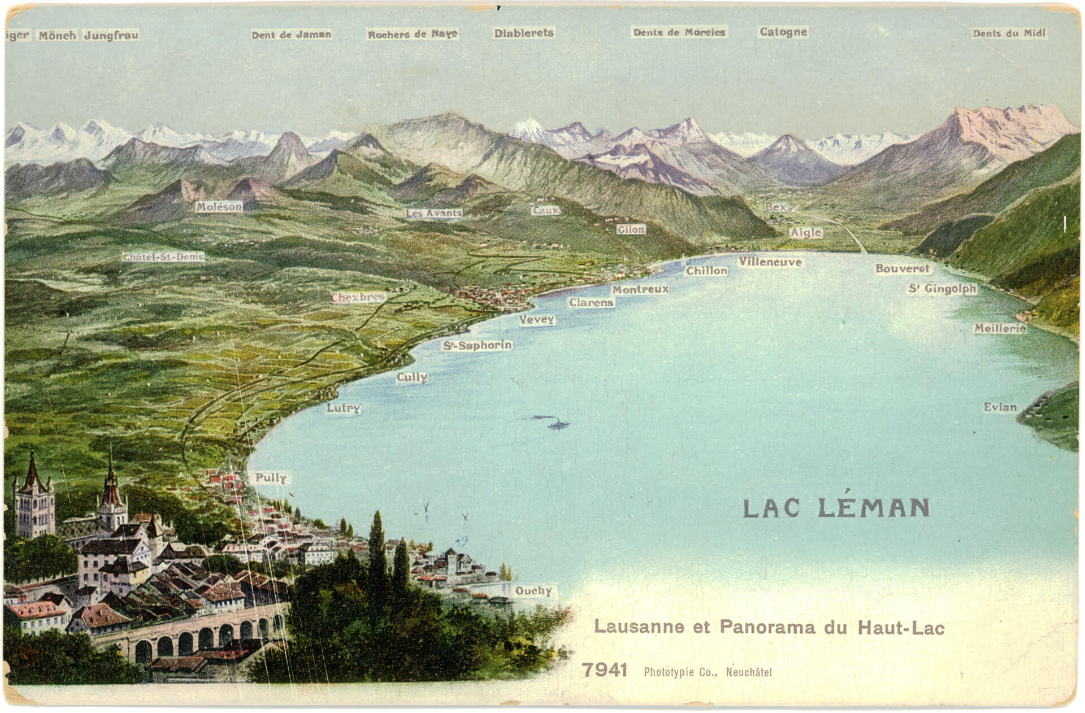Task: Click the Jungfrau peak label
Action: point(111,35)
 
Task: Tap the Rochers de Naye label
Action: point(413,34)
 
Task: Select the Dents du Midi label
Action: point(1009,33)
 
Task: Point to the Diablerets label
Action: point(524,33)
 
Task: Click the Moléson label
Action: point(219,207)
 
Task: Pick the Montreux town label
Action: point(640,289)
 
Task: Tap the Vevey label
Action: point(537,320)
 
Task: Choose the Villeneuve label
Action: point(770,262)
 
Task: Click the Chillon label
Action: point(706,271)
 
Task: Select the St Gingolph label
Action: point(942,289)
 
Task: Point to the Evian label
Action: point(1000,407)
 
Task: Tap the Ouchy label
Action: point(533,591)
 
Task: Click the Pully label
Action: point(271,478)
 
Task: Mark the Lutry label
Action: point(343,408)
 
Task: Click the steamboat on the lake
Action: point(557,424)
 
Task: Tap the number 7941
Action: point(605,670)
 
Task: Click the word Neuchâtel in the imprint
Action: point(749,672)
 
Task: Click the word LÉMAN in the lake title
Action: point(874,508)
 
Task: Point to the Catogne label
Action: point(783,32)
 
